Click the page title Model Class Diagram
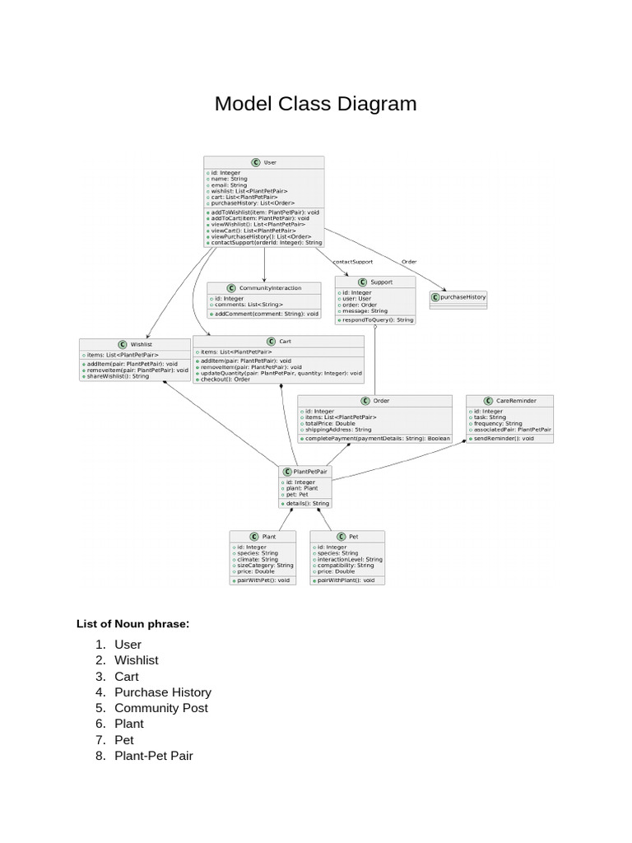[315, 104]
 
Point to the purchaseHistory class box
[458, 296]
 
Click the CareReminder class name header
[510, 401]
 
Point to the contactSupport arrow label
[352, 262]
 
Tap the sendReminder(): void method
[503, 439]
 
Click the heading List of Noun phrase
[133, 624]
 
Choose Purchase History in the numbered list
[163, 692]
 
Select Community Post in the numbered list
[161, 708]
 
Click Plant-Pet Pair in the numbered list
[154, 755]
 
